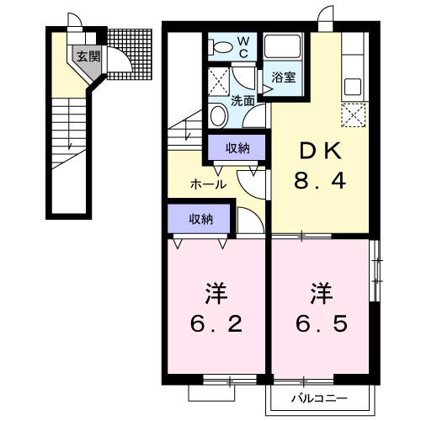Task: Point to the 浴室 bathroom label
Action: (x=284, y=77)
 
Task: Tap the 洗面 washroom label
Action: (x=243, y=99)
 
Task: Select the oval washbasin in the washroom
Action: (x=217, y=115)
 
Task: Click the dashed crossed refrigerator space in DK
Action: (x=353, y=114)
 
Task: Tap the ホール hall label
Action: (x=207, y=184)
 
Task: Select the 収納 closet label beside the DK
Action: (x=237, y=149)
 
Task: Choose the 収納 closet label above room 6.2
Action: (x=200, y=219)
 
